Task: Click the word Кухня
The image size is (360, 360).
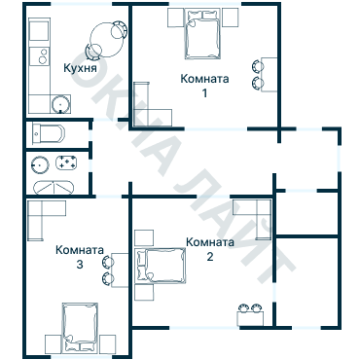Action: click(79, 69)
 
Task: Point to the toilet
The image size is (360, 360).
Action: click(48, 132)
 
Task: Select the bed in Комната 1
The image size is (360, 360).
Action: click(203, 38)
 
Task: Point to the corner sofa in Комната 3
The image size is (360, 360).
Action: click(45, 220)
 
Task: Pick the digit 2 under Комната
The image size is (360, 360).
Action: click(209, 258)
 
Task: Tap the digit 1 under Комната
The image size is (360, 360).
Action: click(204, 93)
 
